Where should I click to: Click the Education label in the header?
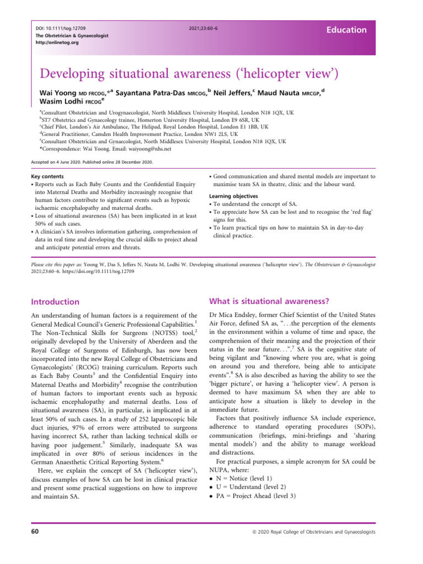345,30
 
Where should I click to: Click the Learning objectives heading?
237,196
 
